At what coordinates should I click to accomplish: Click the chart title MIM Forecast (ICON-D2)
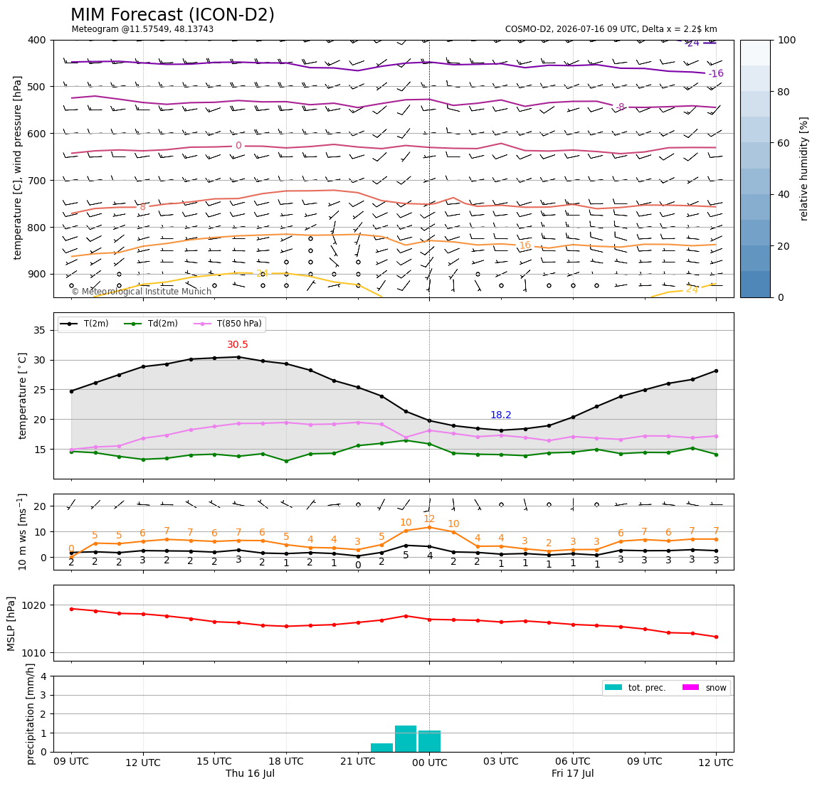point(172,15)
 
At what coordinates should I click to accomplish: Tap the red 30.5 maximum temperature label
point(238,345)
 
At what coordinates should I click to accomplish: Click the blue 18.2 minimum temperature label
point(501,415)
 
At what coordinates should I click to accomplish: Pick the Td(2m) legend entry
point(151,324)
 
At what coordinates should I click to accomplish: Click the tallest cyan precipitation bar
point(406,738)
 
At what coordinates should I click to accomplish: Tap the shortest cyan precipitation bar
point(381,748)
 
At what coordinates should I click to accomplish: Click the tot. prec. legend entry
point(635,688)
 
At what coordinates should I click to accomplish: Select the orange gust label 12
point(429,519)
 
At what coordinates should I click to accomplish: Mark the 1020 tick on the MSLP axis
point(34,605)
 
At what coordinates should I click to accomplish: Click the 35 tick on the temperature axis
point(40,330)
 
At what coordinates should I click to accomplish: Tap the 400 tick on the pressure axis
point(37,40)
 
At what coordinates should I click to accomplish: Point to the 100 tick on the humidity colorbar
point(787,40)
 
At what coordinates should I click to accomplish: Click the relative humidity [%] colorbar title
point(804,169)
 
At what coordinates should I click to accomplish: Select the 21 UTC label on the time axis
point(358,761)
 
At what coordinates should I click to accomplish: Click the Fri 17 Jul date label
point(573,773)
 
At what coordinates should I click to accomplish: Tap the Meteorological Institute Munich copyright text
point(142,291)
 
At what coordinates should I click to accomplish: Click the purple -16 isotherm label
point(716,73)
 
